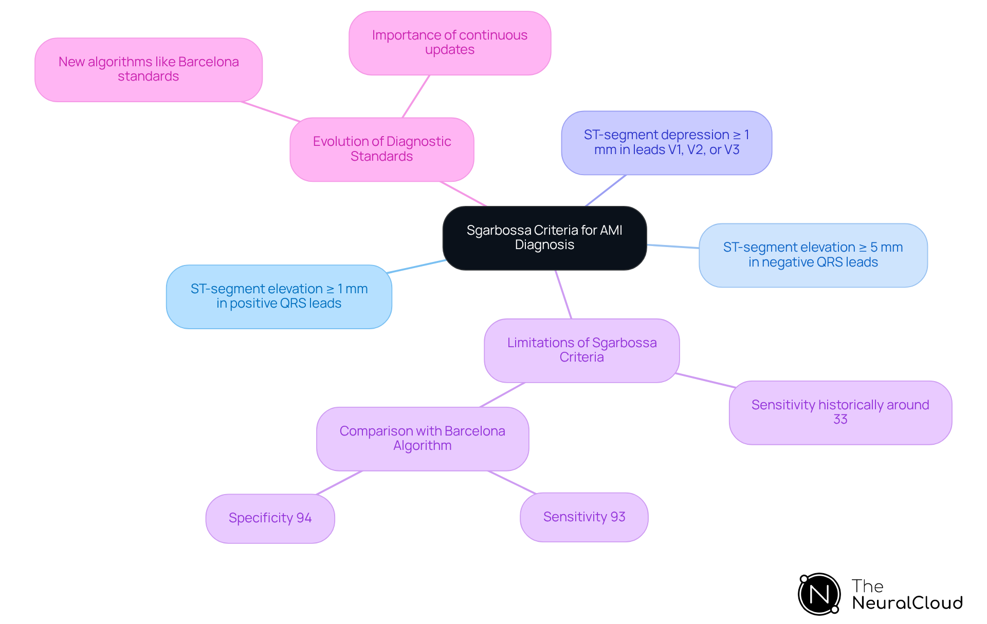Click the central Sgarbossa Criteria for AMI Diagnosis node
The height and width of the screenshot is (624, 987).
[x=544, y=238]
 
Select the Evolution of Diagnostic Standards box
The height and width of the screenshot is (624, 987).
[x=381, y=149]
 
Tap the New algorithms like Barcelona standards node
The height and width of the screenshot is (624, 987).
[x=149, y=69]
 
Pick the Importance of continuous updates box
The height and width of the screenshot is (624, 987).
[x=450, y=43]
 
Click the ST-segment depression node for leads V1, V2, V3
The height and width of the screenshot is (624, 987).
[x=666, y=142]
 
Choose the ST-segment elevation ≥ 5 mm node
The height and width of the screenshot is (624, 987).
[x=813, y=255]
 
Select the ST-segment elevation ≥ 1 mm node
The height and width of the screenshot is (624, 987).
[x=279, y=296]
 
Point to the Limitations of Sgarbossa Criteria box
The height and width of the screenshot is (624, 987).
[x=581, y=350]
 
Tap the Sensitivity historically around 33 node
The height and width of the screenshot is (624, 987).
[x=840, y=412]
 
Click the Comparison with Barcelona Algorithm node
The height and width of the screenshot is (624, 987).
[x=422, y=439]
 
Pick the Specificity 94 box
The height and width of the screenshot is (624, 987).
[x=270, y=518]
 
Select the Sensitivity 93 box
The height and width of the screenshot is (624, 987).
[x=584, y=517]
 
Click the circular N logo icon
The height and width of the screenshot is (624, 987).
[x=819, y=594]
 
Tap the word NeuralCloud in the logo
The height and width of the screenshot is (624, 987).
[x=907, y=603]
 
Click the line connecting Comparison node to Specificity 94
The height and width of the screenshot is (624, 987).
[x=339, y=483]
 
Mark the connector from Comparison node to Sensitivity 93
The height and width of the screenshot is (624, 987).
[x=512, y=482]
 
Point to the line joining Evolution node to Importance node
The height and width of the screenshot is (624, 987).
[x=416, y=97]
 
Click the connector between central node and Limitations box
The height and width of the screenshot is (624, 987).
[x=563, y=294]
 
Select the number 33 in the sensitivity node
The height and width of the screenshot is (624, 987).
[x=840, y=420]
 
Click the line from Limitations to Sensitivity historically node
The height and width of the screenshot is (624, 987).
[x=705, y=381]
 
